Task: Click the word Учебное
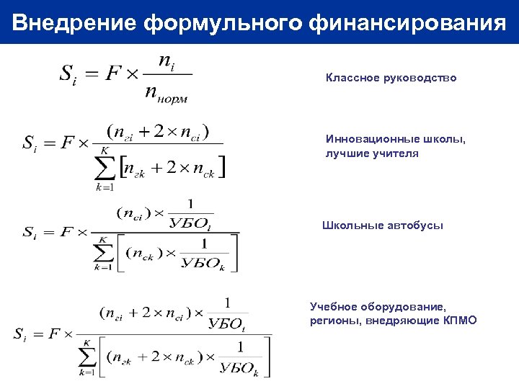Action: (x=337, y=306)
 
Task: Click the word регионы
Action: (x=334, y=320)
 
